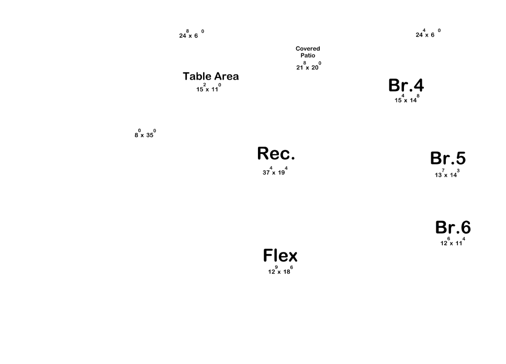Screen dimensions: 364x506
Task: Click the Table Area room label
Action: (x=210, y=76)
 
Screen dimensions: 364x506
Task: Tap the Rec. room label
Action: (x=276, y=154)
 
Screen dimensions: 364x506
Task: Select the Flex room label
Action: (x=280, y=256)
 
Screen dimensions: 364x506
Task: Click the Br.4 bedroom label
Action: (x=406, y=85)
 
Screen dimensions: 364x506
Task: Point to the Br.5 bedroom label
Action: (x=447, y=158)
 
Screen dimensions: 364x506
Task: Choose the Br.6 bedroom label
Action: (x=453, y=228)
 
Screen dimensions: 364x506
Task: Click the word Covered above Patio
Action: (x=308, y=49)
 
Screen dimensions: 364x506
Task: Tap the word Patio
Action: (x=308, y=56)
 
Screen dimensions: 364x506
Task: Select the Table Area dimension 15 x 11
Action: (x=208, y=89)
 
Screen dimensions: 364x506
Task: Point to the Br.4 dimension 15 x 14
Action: (x=407, y=100)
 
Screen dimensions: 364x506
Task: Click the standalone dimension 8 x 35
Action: (x=145, y=134)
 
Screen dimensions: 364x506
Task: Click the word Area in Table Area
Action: (x=226, y=76)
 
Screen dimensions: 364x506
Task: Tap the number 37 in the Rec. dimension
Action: (x=266, y=173)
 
